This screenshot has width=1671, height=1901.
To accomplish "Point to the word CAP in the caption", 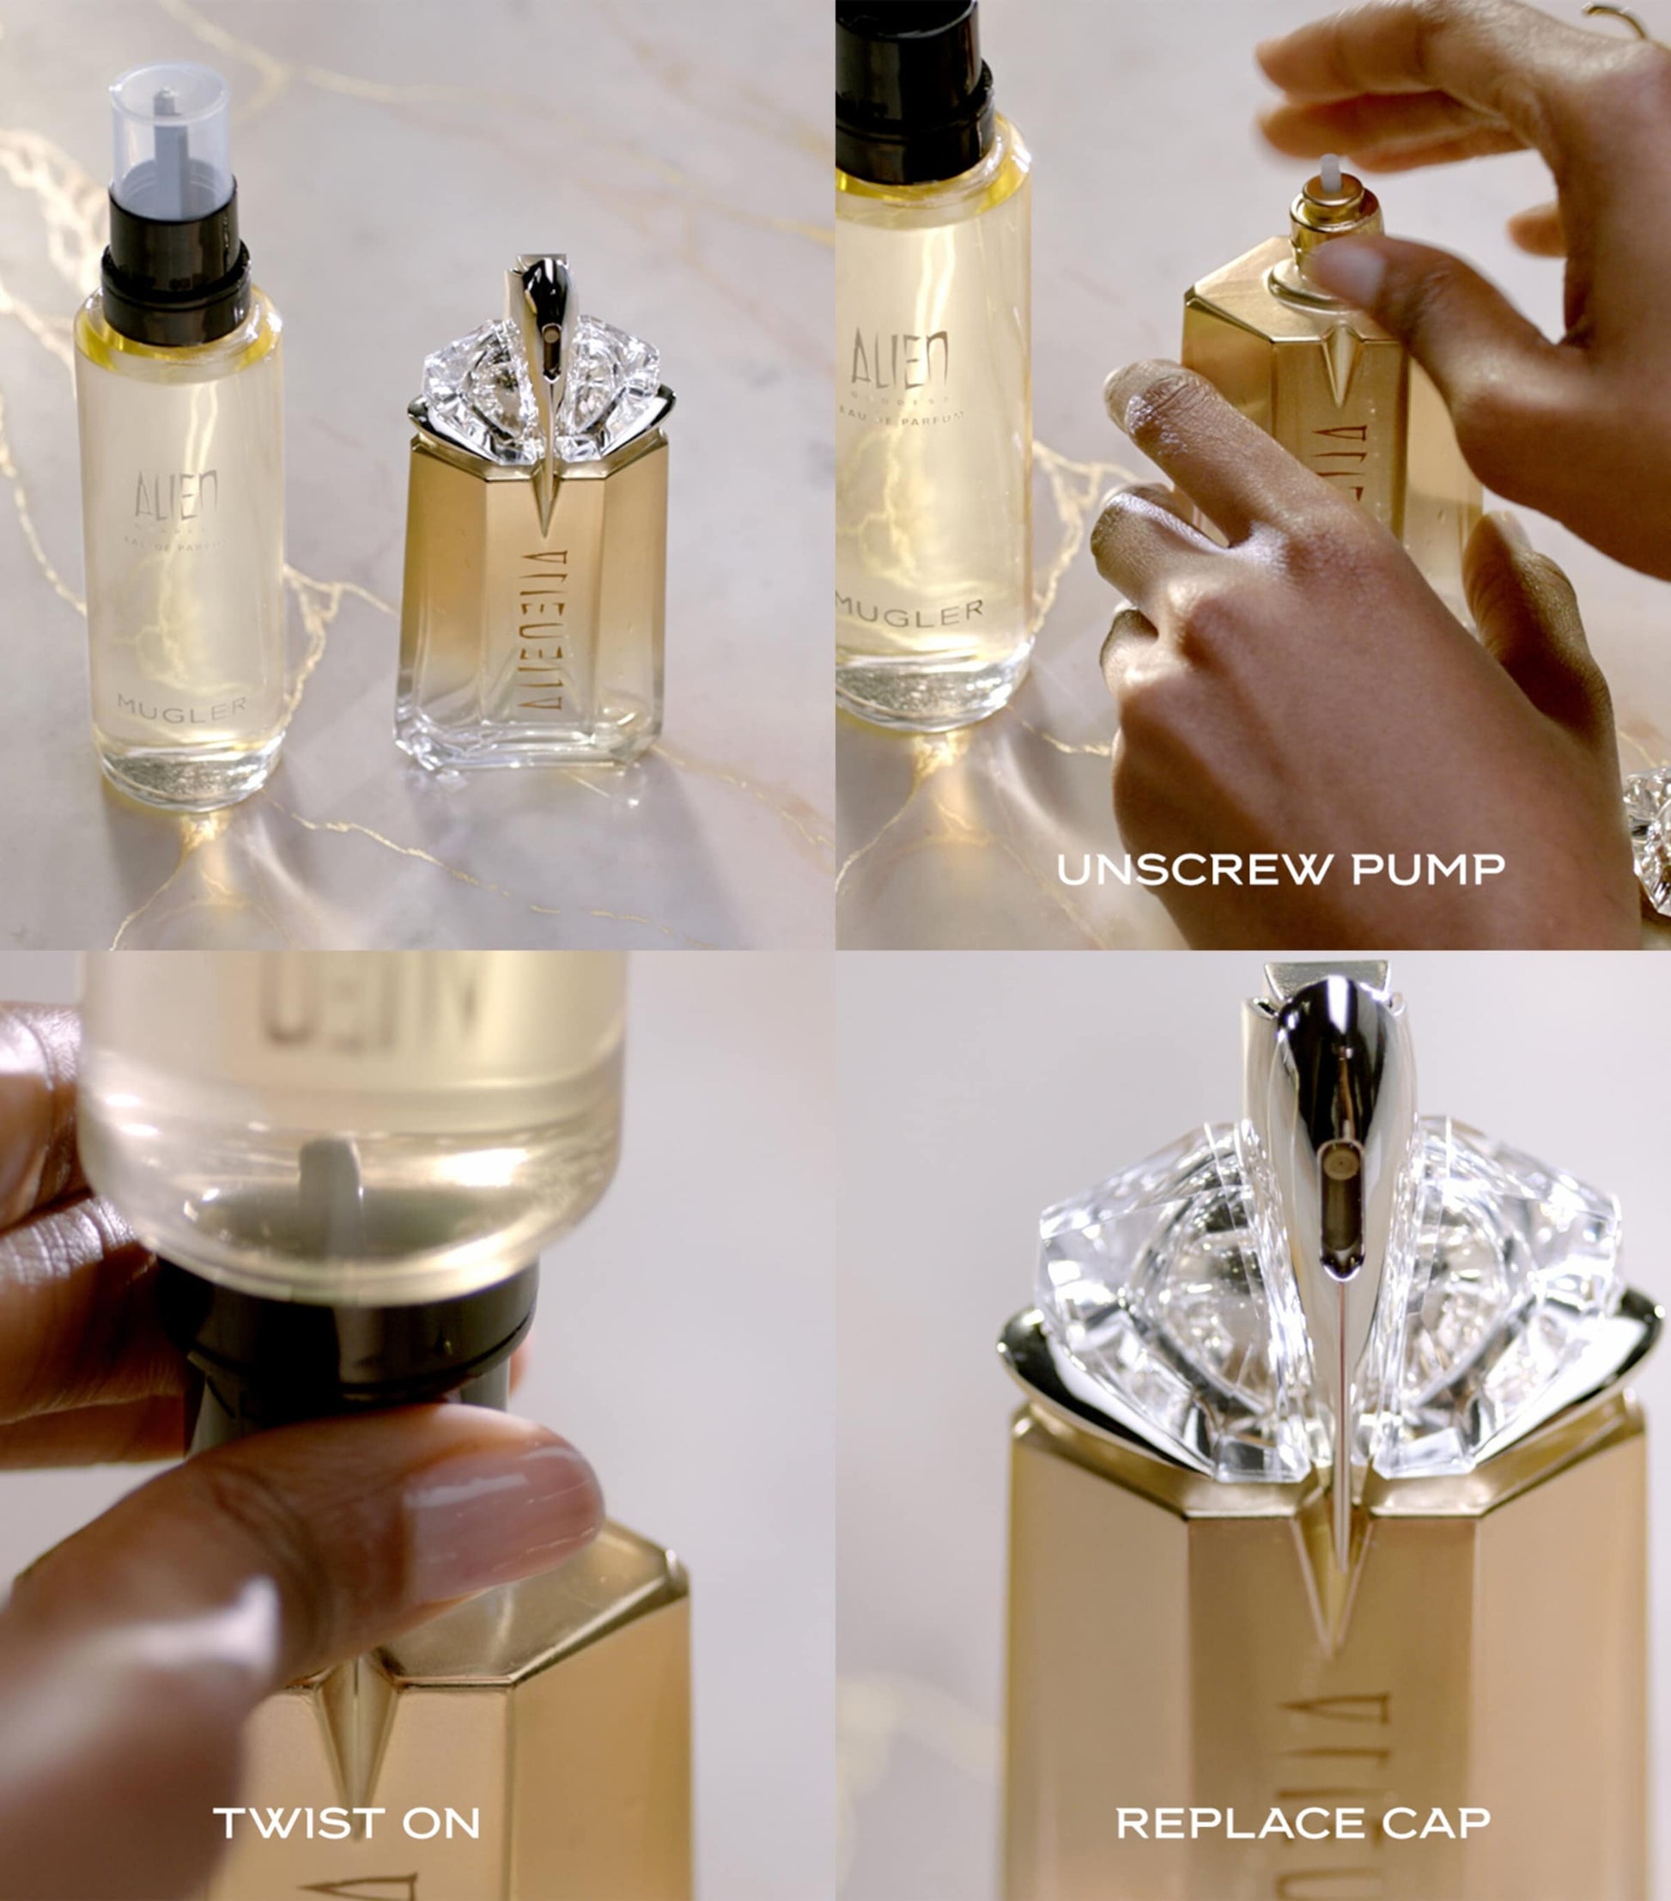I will pyautogui.click(x=1436, y=1822).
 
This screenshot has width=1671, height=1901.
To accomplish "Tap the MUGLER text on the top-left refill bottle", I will pyautogui.click(x=182, y=708).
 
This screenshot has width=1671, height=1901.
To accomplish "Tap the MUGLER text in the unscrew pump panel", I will pyautogui.click(x=909, y=612).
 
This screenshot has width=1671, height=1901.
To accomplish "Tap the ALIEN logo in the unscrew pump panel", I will pyautogui.click(x=899, y=358).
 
